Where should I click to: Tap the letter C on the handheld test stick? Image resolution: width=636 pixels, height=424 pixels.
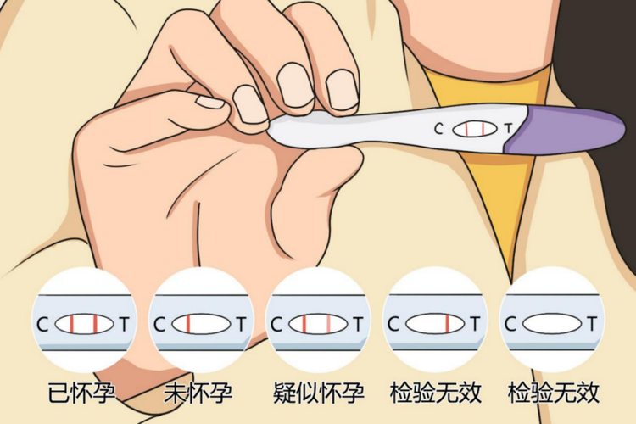pyautogui.click(x=438, y=129)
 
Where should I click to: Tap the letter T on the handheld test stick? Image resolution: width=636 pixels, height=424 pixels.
pyautogui.click(x=508, y=129)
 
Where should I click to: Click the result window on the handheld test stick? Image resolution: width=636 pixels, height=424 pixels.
pyautogui.click(x=472, y=129)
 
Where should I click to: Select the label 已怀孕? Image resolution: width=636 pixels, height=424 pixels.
pyautogui.click(x=83, y=393)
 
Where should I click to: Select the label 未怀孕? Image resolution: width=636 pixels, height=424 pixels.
pyautogui.click(x=200, y=393)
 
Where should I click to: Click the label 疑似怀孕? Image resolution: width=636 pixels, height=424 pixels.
pyautogui.click(x=319, y=393)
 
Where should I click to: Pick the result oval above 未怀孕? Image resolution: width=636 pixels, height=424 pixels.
pyautogui.click(x=201, y=324)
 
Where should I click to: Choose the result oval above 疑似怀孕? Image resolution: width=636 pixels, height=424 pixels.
pyautogui.click(x=319, y=324)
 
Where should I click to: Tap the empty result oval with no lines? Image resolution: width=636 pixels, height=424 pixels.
pyautogui.click(x=552, y=324)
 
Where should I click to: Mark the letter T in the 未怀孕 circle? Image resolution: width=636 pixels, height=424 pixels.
pyautogui.click(x=241, y=324)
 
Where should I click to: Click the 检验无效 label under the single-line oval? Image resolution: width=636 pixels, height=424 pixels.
pyautogui.click(x=436, y=393)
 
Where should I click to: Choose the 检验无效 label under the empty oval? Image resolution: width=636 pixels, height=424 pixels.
pyautogui.click(x=553, y=393)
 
